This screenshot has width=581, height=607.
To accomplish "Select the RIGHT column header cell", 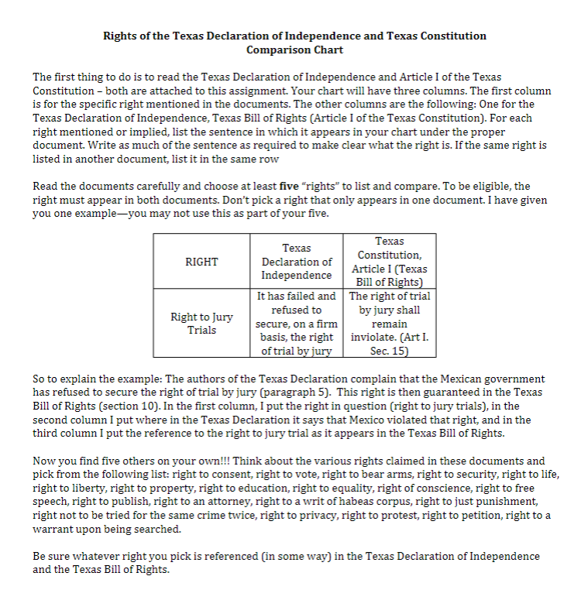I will point(201,262).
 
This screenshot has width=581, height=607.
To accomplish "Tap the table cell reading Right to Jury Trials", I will point(201,324).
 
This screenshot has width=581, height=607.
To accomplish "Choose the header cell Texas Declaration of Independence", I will point(297,262).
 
